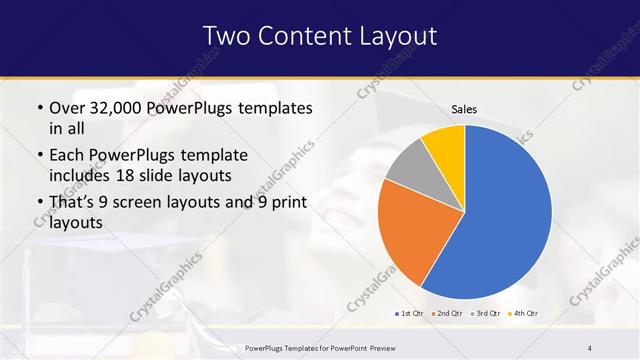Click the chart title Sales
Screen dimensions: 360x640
coord(464,109)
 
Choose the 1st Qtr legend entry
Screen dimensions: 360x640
coord(409,314)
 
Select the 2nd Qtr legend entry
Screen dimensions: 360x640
coord(447,314)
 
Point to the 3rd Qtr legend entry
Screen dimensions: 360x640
coord(487,314)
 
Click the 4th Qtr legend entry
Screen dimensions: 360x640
coord(525,314)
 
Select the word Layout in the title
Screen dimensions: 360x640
coord(399,36)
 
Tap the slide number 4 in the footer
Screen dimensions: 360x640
coord(589,347)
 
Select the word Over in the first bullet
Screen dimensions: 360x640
coord(67,108)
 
